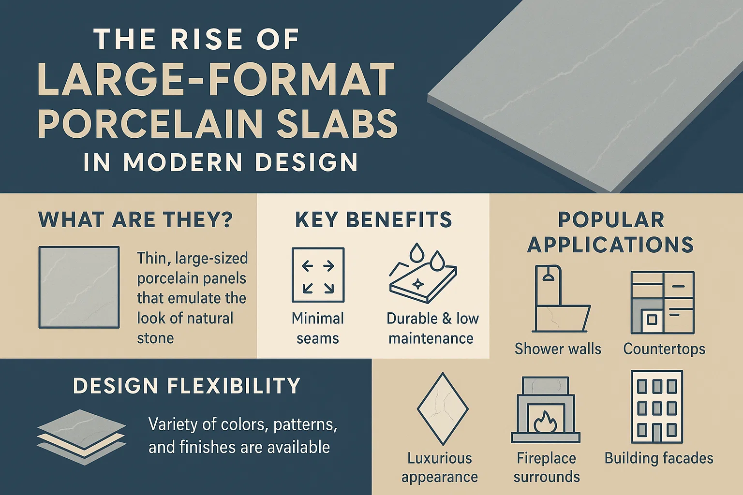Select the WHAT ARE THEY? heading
pyautogui.click(x=135, y=220)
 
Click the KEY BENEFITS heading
pyautogui.click(x=373, y=220)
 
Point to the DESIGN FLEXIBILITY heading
pyautogui.click(x=187, y=386)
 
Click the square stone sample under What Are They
pyautogui.click(x=79, y=287)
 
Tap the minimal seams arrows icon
pyautogui.click(x=318, y=275)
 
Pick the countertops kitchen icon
pyautogui.click(x=662, y=303)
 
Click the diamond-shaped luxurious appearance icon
pyautogui.click(x=442, y=409)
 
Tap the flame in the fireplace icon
pyautogui.click(x=545, y=422)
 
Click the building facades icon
pyautogui.click(x=656, y=407)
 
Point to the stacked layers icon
pyautogui.click(x=81, y=437)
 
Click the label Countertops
pyautogui.click(x=664, y=349)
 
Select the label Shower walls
pyautogui.click(x=558, y=349)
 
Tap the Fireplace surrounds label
pyautogui.click(x=546, y=467)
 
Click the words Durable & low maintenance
pyautogui.click(x=432, y=328)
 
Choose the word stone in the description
pyautogui.click(x=155, y=338)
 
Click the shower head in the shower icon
pyautogui.click(x=548, y=277)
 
